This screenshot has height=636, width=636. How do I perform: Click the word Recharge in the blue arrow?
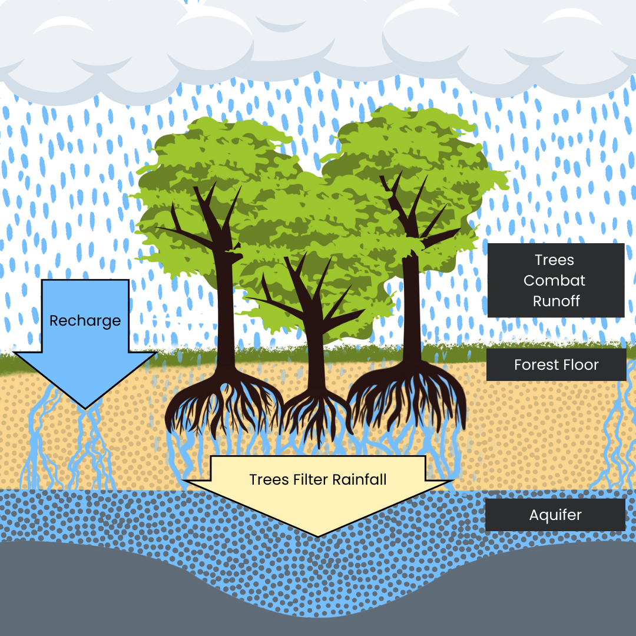[x=85, y=321]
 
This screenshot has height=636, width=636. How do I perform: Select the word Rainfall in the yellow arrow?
[x=359, y=479]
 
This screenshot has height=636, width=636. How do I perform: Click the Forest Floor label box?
[x=556, y=365]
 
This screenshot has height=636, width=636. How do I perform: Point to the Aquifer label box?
[x=555, y=515]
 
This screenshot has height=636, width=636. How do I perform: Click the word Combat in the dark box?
[x=555, y=280]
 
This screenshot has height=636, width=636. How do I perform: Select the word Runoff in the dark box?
[x=556, y=301]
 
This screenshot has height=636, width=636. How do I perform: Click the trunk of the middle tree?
[x=316, y=353]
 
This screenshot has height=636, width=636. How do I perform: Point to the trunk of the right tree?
[x=412, y=306]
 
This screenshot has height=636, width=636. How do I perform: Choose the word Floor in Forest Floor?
[x=580, y=365]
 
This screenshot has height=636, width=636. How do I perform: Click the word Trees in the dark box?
[x=554, y=260]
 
